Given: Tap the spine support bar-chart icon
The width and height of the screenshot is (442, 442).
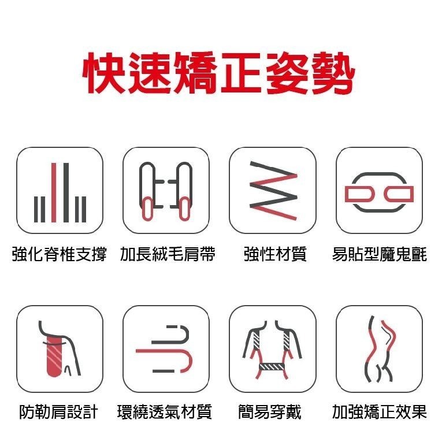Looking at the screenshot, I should (x=60, y=190).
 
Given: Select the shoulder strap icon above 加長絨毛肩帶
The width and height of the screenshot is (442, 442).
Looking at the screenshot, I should (x=166, y=190).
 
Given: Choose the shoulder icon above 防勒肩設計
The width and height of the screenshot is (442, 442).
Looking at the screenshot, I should (x=60, y=348).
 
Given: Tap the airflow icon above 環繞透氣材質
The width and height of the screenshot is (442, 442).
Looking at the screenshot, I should (x=166, y=348).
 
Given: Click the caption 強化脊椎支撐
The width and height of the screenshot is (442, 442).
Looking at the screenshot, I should (x=60, y=254).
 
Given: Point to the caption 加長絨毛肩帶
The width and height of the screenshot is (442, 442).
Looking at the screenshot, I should (x=168, y=254).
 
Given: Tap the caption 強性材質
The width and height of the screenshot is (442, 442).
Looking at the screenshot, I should (x=274, y=254).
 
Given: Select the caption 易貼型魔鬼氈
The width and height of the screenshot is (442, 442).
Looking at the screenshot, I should (x=380, y=254).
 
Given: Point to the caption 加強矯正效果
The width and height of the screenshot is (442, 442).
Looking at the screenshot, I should (x=380, y=411).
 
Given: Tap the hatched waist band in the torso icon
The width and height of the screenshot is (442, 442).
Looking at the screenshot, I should (x=272, y=367).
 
